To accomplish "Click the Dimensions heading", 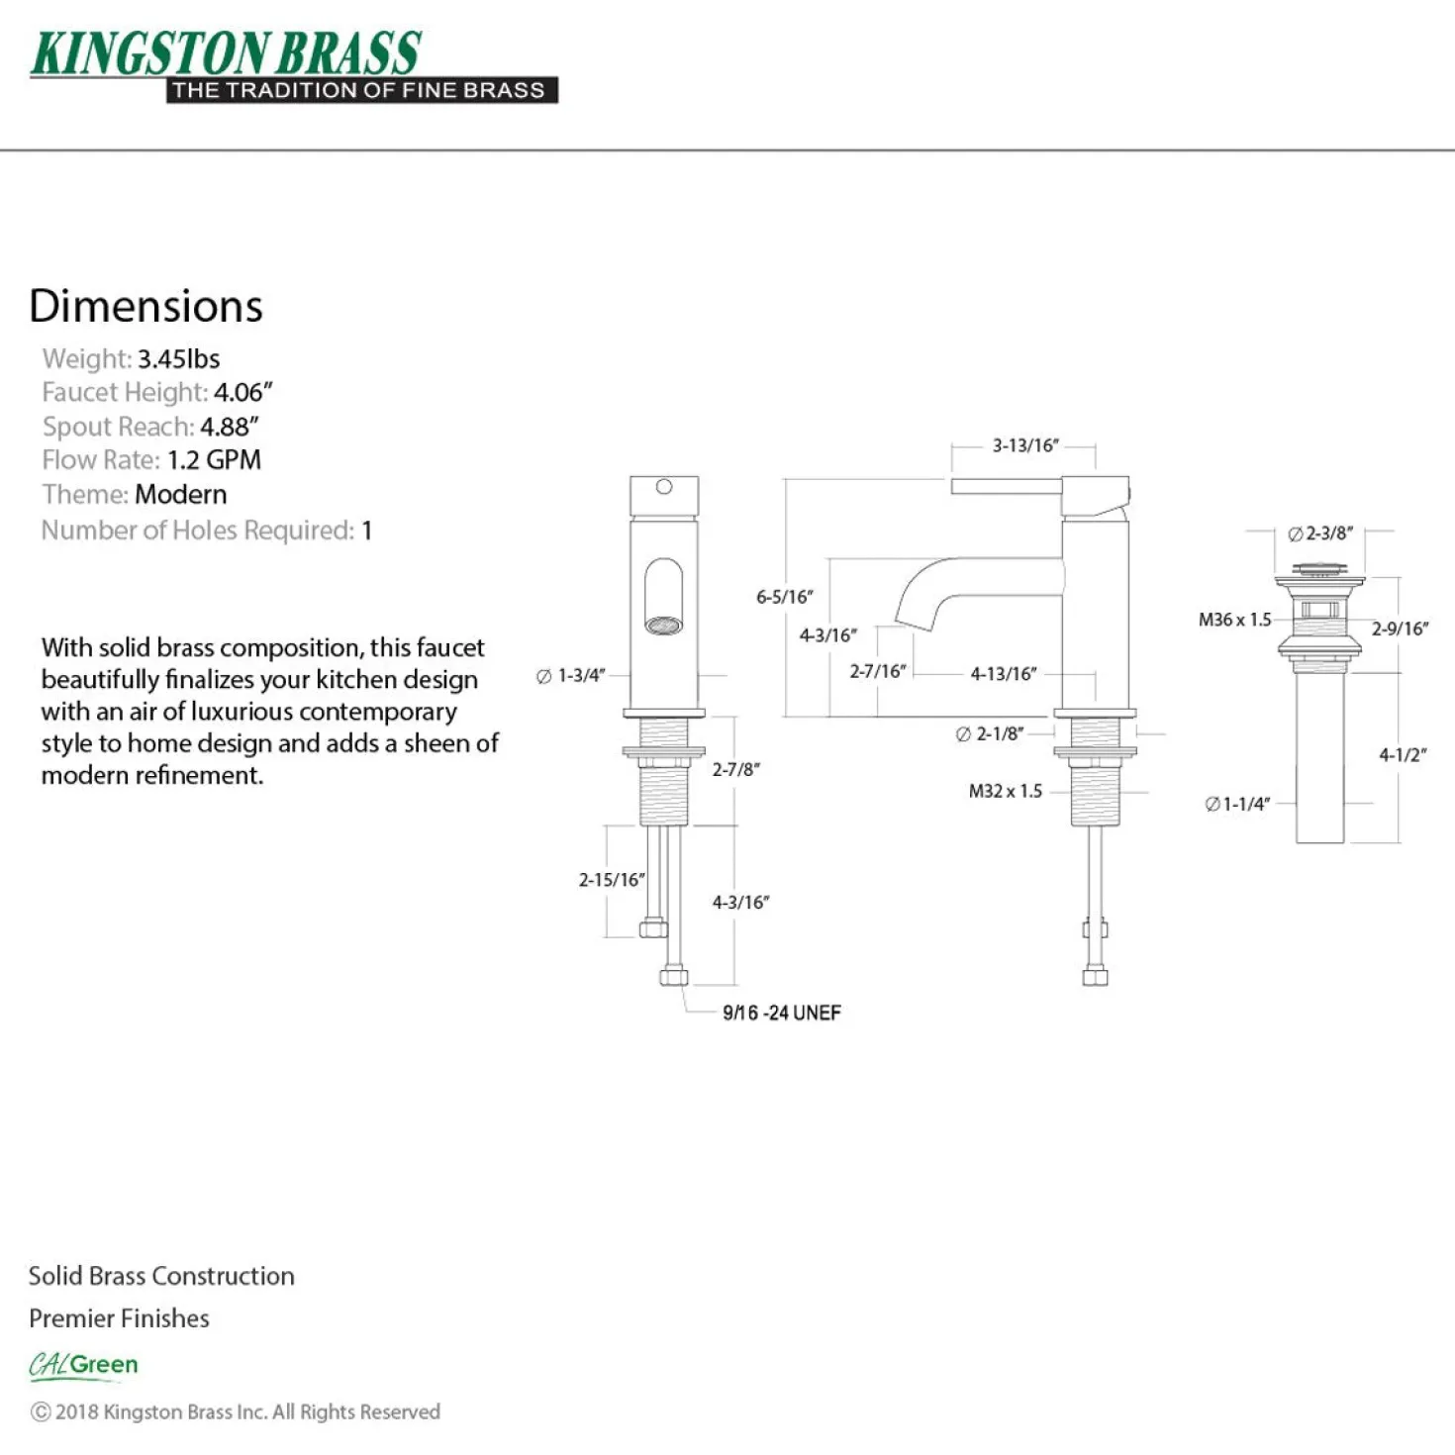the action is [145, 306].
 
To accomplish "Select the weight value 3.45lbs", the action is [178, 358].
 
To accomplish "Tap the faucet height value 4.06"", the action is [242, 392].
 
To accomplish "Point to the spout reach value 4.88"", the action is [229, 427].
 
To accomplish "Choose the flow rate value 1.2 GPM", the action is [214, 460].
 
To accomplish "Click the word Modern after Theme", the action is [180, 495].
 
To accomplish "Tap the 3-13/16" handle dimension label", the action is [1025, 445].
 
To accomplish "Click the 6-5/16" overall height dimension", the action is [785, 597].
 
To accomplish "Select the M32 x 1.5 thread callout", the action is [1005, 791].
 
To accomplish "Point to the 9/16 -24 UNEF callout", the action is [782, 1013].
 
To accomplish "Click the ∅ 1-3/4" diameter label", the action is [571, 675].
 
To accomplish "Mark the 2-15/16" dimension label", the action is [612, 879].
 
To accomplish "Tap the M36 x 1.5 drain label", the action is [1234, 620].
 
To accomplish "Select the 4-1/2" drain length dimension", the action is [1403, 754].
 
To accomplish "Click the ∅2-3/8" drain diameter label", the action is [1319, 533].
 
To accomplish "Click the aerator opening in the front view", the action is [664, 625].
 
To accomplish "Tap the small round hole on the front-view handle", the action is [664, 487].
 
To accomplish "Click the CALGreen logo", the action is [83, 1366].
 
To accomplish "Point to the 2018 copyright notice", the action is [235, 1412].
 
